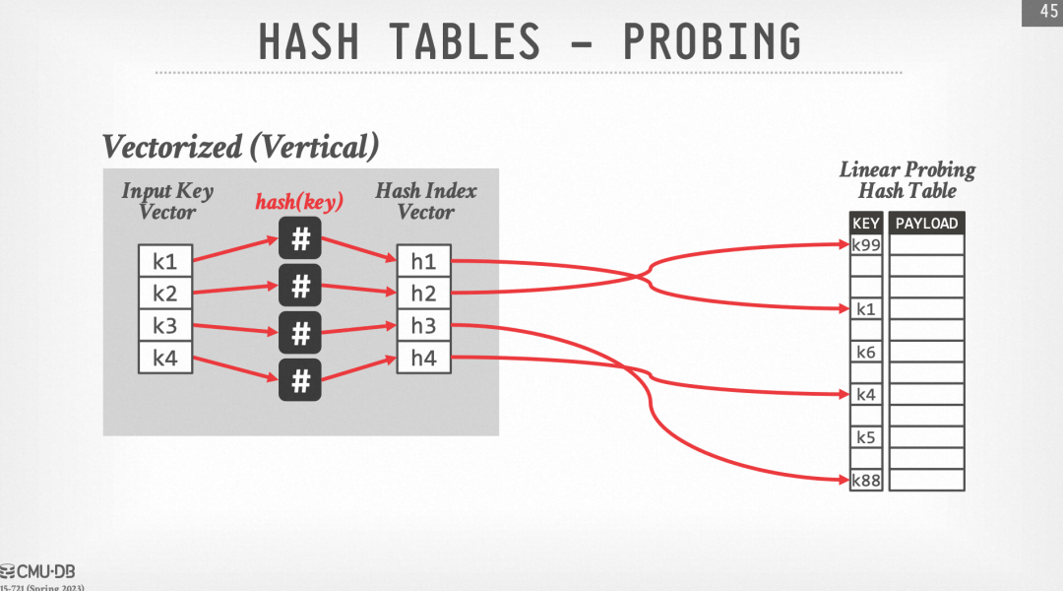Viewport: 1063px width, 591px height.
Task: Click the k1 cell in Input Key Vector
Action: [164, 261]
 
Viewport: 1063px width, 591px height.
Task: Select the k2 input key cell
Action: [164, 293]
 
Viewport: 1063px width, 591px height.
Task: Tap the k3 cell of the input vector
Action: [164, 326]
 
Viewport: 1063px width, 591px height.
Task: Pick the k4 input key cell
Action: [164, 358]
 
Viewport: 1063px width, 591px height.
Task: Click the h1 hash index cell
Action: [423, 261]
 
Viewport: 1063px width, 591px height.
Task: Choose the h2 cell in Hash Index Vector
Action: [423, 293]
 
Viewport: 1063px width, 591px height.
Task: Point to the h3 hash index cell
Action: [423, 326]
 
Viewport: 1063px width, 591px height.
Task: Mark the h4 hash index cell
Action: [423, 358]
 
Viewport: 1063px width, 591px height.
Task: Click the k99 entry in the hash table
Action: [866, 244]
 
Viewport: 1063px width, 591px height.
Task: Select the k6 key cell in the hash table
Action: [866, 352]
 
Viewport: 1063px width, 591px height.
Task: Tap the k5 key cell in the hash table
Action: [866, 437]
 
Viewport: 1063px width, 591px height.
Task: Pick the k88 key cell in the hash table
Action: [866, 480]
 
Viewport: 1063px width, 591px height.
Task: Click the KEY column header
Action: [866, 224]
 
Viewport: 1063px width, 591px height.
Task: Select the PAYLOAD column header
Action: [926, 224]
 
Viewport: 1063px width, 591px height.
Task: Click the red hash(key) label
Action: [299, 203]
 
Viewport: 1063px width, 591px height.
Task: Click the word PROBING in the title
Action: [712, 42]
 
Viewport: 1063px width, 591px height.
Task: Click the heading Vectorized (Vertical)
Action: [241, 147]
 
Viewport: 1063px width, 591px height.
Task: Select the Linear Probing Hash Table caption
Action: [907, 180]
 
